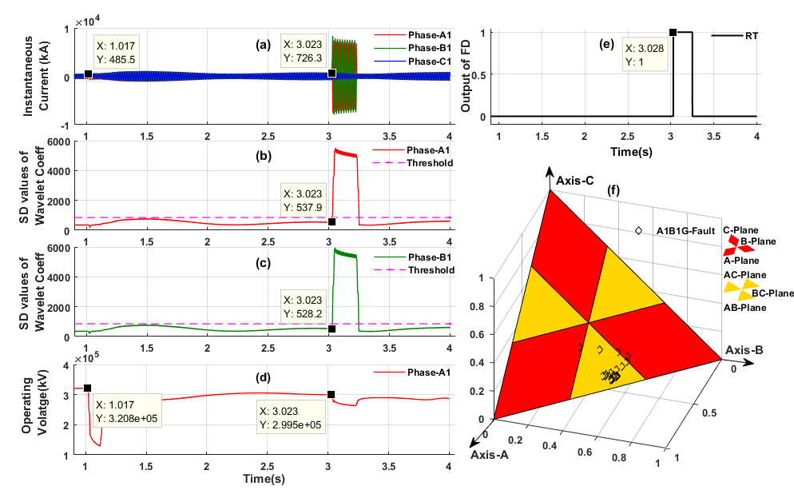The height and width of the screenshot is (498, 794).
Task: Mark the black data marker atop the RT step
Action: [673, 32]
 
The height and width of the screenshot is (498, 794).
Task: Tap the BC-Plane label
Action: [772, 294]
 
